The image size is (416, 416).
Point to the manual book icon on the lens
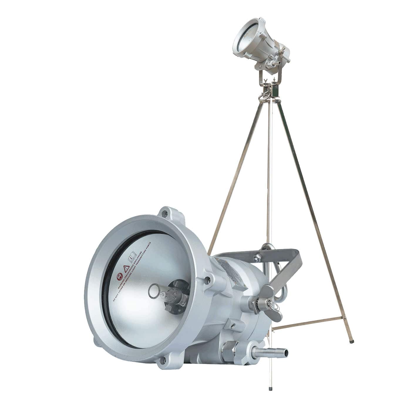pos(132,258)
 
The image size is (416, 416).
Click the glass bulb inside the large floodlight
pos(167,294)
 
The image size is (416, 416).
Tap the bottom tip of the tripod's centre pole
pos(270,389)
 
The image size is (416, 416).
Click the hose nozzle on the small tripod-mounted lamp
pos(274,64)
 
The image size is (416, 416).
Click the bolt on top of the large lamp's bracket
pos(257,257)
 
